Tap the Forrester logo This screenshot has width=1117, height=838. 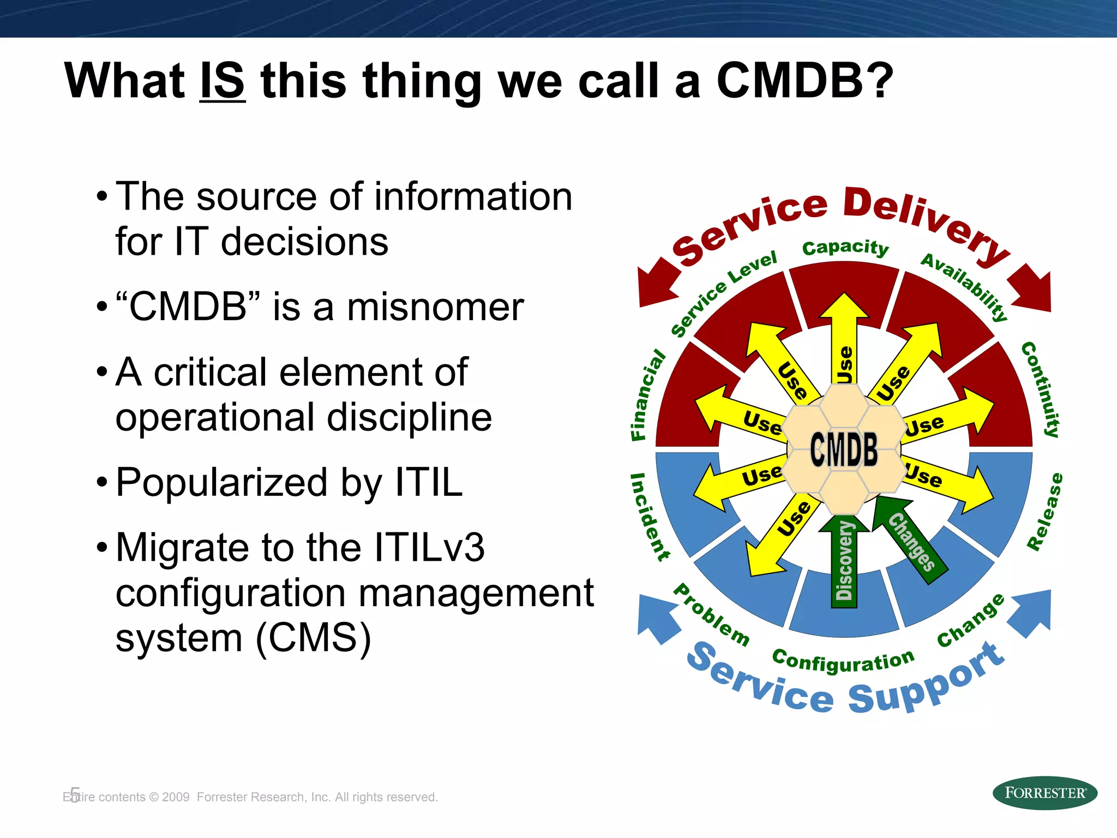tap(1044, 793)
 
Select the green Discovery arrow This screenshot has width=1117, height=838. tap(844, 562)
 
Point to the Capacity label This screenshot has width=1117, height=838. tap(845, 248)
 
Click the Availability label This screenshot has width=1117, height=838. tap(964, 286)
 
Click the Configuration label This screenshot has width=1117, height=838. tap(843, 661)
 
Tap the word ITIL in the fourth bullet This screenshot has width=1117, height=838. tap(428, 483)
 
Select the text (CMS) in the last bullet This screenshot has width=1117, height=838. tap(313, 638)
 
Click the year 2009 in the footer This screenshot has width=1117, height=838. tap(176, 797)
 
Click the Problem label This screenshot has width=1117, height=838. tap(711, 615)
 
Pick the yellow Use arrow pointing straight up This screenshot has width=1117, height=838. tap(844, 338)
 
